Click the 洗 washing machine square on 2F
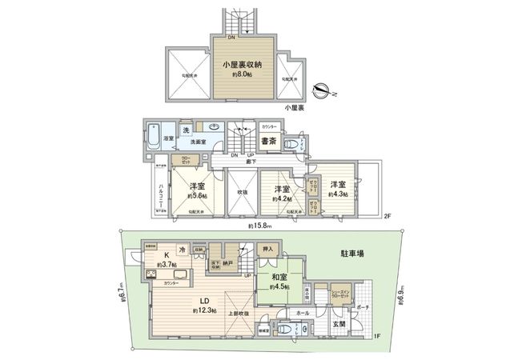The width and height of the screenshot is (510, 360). (185, 130)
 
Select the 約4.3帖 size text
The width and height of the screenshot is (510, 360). (337, 194)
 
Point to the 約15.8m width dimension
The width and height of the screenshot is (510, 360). (259, 226)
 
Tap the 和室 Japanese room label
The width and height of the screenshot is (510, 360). (280, 279)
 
